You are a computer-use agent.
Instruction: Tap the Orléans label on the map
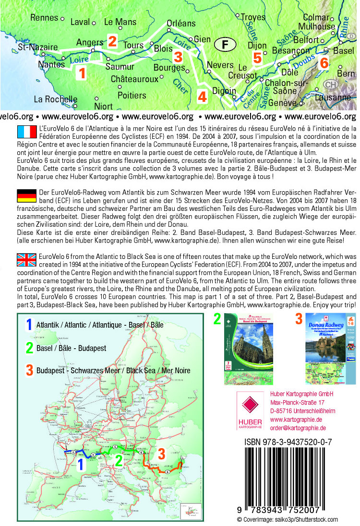pos(181,23)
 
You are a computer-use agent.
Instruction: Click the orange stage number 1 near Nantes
pos(82,73)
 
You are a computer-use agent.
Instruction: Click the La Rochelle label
pos(56,99)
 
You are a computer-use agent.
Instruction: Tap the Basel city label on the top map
pos(344,50)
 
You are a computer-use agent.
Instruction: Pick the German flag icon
pos(26,196)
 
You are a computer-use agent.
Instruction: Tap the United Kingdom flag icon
pos(26,260)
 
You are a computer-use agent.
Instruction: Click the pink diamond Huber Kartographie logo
pos(250,409)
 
